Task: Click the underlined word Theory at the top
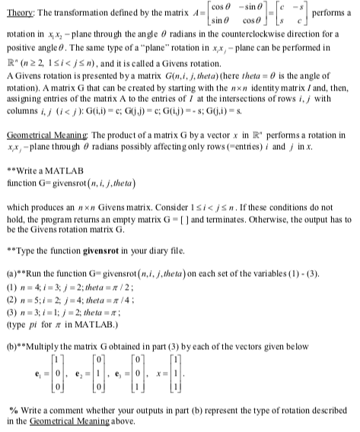click(x=21, y=14)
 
